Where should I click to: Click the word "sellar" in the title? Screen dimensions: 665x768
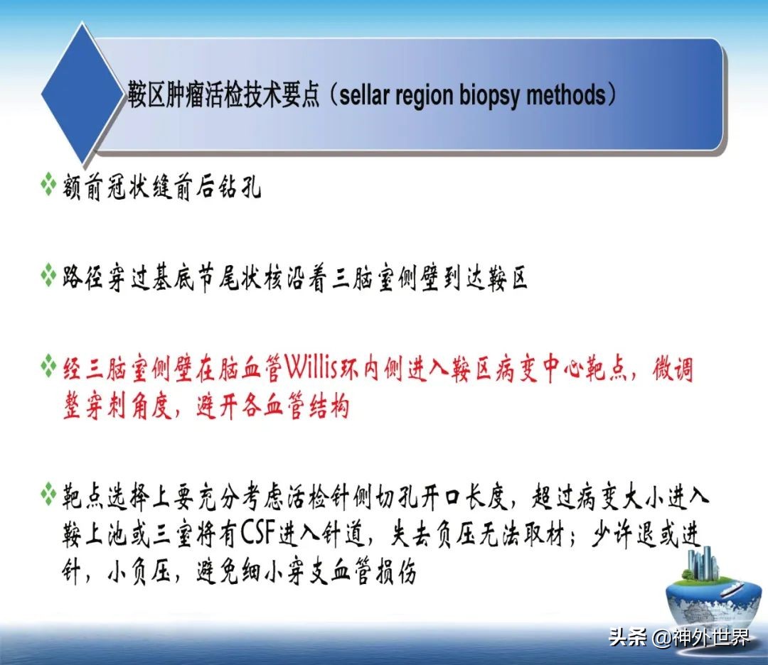363,94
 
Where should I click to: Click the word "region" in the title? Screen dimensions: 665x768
424,94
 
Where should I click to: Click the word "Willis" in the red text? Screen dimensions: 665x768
314,369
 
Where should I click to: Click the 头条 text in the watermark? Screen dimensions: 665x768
628,637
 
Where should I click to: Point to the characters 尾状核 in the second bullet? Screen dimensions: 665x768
251,278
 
